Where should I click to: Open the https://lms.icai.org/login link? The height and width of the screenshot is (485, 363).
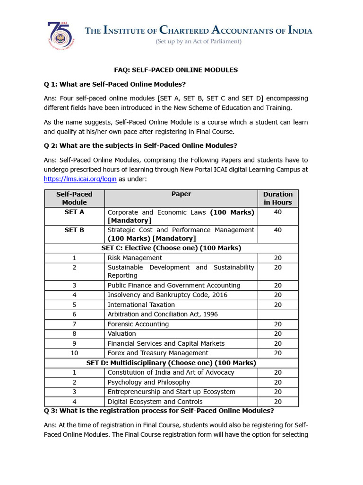click(80, 180)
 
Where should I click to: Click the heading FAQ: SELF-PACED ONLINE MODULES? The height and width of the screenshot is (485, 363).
click(176, 70)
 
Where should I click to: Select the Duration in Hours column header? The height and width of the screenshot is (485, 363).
click(277, 198)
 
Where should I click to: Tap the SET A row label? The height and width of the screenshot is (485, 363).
click(74, 212)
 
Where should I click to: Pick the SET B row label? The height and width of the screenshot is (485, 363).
click(74, 230)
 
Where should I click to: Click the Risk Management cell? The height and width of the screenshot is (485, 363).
click(135, 258)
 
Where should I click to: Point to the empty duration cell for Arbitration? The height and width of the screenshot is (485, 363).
click(277, 314)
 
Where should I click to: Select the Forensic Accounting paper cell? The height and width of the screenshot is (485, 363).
click(138, 324)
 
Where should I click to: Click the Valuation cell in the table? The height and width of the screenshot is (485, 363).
click(121, 333)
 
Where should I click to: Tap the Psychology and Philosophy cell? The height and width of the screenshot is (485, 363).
click(149, 382)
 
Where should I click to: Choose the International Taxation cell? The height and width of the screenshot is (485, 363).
click(141, 305)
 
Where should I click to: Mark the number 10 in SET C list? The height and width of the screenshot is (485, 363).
click(74, 353)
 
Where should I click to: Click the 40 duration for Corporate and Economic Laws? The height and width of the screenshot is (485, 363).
click(277, 212)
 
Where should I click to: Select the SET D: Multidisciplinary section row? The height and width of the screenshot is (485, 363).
click(171, 363)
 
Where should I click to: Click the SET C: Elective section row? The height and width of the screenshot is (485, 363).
click(171, 248)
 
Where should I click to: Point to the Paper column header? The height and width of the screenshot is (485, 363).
click(181, 194)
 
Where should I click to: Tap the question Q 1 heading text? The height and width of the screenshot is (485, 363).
click(115, 84)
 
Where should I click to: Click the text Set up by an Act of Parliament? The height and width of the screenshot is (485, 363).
click(199, 42)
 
